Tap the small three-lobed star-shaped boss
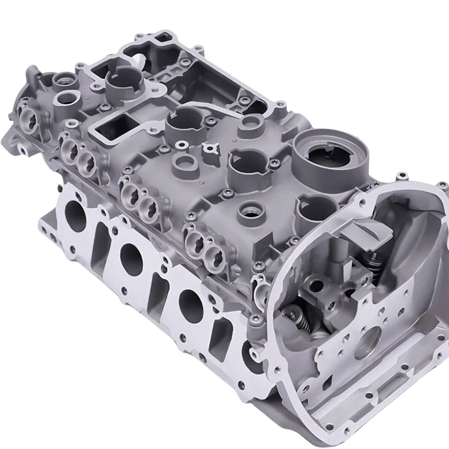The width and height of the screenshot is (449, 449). click(209, 147)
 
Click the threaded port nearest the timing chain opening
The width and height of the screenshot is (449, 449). click(250, 209)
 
